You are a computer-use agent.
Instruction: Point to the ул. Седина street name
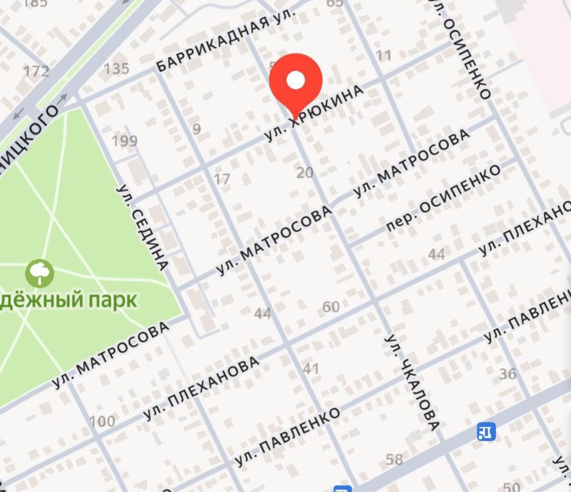(142, 227)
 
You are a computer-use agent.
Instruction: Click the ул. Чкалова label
(412, 382)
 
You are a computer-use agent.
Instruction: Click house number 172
(36, 71)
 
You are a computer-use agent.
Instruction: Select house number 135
(116, 68)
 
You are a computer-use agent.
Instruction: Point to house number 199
(124, 141)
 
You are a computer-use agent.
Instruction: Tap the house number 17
(222, 179)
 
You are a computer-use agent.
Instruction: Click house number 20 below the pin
(305, 173)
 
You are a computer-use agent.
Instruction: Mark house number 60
(331, 307)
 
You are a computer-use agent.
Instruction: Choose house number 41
(311, 368)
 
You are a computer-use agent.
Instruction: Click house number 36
(508, 374)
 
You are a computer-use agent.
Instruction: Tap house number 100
(102, 421)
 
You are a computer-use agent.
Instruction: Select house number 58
(394, 459)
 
